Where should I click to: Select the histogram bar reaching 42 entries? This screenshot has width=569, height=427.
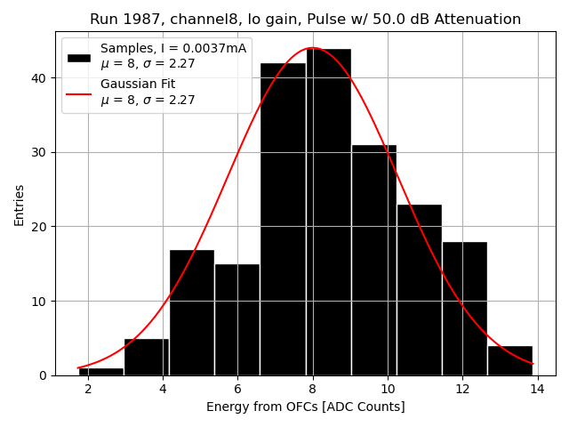click(283, 219)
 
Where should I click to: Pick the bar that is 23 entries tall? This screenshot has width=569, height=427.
click(419, 290)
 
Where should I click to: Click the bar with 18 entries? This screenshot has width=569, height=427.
click(464, 308)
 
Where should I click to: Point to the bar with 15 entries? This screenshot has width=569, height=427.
click(237, 319)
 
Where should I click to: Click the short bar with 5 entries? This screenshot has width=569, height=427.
click(147, 357)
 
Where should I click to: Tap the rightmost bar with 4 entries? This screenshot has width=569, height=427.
click(509, 360)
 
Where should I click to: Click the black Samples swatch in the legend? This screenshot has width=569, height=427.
click(79, 56)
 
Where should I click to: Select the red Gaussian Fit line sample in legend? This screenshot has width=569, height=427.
click(79, 92)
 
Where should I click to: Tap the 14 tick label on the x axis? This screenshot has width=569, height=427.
click(537, 389)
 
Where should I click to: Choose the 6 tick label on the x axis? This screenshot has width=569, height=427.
click(237, 389)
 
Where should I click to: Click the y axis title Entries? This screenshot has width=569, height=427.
click(20, 205)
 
